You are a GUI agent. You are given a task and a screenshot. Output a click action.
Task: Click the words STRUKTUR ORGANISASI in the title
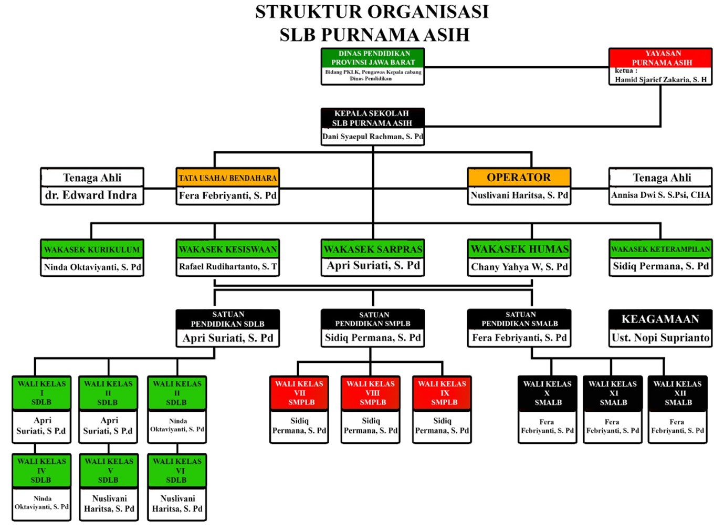[372, 12]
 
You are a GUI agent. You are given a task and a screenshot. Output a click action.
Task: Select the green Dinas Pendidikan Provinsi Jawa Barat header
[373, 58]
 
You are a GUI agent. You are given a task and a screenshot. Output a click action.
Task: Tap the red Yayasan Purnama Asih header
[660, 58]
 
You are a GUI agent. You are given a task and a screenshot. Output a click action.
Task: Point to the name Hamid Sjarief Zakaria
[660, 80]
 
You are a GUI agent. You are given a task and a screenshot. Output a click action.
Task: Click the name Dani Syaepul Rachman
[373, 137]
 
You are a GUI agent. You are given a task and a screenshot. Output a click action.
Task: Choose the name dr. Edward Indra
[91, 195]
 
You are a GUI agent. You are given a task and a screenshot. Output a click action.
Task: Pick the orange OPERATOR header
[519, 178]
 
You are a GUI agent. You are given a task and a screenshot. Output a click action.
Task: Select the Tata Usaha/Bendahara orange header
[227, 178]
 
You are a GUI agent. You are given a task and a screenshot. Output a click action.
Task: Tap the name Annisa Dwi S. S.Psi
[660, 195]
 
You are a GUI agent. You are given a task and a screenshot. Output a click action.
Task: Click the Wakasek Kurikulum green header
[92, 249]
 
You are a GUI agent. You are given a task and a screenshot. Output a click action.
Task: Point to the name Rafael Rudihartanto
[227, 267]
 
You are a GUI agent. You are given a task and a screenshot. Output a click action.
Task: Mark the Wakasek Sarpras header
[373, 249]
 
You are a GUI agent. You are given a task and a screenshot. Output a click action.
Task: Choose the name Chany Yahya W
[519, 267]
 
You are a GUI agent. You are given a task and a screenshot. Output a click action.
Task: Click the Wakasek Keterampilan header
[660, 249]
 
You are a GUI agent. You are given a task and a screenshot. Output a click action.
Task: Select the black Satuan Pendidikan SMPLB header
[373, 319]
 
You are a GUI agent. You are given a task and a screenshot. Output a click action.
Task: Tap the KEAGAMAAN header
[660, 319]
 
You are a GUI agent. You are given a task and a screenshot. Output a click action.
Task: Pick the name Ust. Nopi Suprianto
[660, 338]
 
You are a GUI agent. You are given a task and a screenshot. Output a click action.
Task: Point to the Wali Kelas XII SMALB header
[678, 393]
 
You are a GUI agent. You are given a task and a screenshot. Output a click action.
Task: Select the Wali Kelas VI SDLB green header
[177, 471]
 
